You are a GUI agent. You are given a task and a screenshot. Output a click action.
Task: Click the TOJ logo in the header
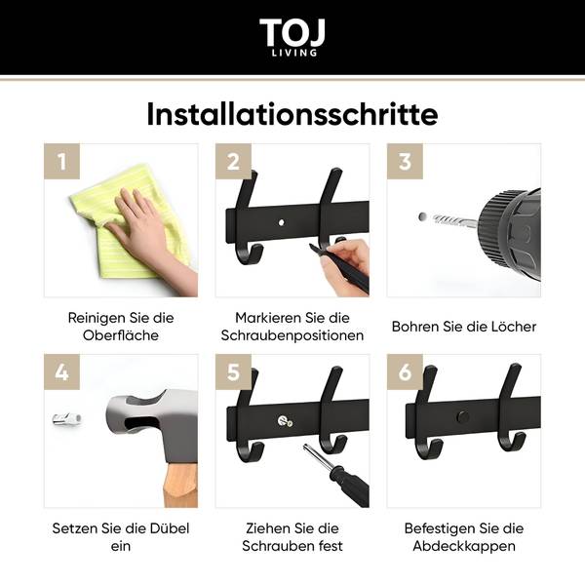tap(292, 37)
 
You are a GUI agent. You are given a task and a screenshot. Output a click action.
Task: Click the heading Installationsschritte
tap(292, 114)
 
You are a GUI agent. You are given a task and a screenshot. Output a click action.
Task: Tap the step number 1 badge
tap(62, 161)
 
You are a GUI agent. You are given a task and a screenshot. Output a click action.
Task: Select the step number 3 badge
tap(405, 161)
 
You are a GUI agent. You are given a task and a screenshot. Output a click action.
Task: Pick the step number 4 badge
tap(62, 372)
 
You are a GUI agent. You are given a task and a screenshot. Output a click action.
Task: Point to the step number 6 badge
tap(405, 372)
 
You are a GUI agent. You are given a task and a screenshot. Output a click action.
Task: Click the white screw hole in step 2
tap(282, 222)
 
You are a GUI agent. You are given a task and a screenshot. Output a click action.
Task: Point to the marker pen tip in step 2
tap(310, 246)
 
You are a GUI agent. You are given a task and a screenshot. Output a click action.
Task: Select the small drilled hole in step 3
tap(422, 216)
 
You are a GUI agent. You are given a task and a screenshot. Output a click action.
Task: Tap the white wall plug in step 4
tap(67, 419)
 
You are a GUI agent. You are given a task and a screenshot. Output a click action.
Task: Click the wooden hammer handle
tap(180, 485)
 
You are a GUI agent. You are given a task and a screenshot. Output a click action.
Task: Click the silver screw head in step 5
tap(286, 421)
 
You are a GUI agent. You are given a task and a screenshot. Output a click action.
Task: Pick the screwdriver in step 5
tap(335, 475)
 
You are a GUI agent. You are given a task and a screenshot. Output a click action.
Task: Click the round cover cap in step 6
tap(463, 416)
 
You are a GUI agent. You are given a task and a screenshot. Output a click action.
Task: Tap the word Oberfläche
tap(121, 335)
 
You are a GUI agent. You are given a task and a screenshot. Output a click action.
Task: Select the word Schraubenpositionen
tap(292, 335)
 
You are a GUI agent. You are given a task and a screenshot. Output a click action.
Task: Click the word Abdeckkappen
tap(464, 546)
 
